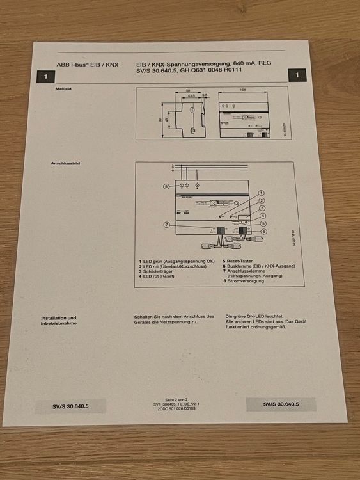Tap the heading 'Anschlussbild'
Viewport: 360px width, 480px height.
click(65, 164)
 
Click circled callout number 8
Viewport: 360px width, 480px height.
click(166, 186)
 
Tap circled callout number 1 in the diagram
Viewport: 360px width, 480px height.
click(262, 193)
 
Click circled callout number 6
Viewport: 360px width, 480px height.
click(263, 231)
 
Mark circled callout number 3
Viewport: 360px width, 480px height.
click(263, 209)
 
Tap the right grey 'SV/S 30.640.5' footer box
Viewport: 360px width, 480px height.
click(280, 404)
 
